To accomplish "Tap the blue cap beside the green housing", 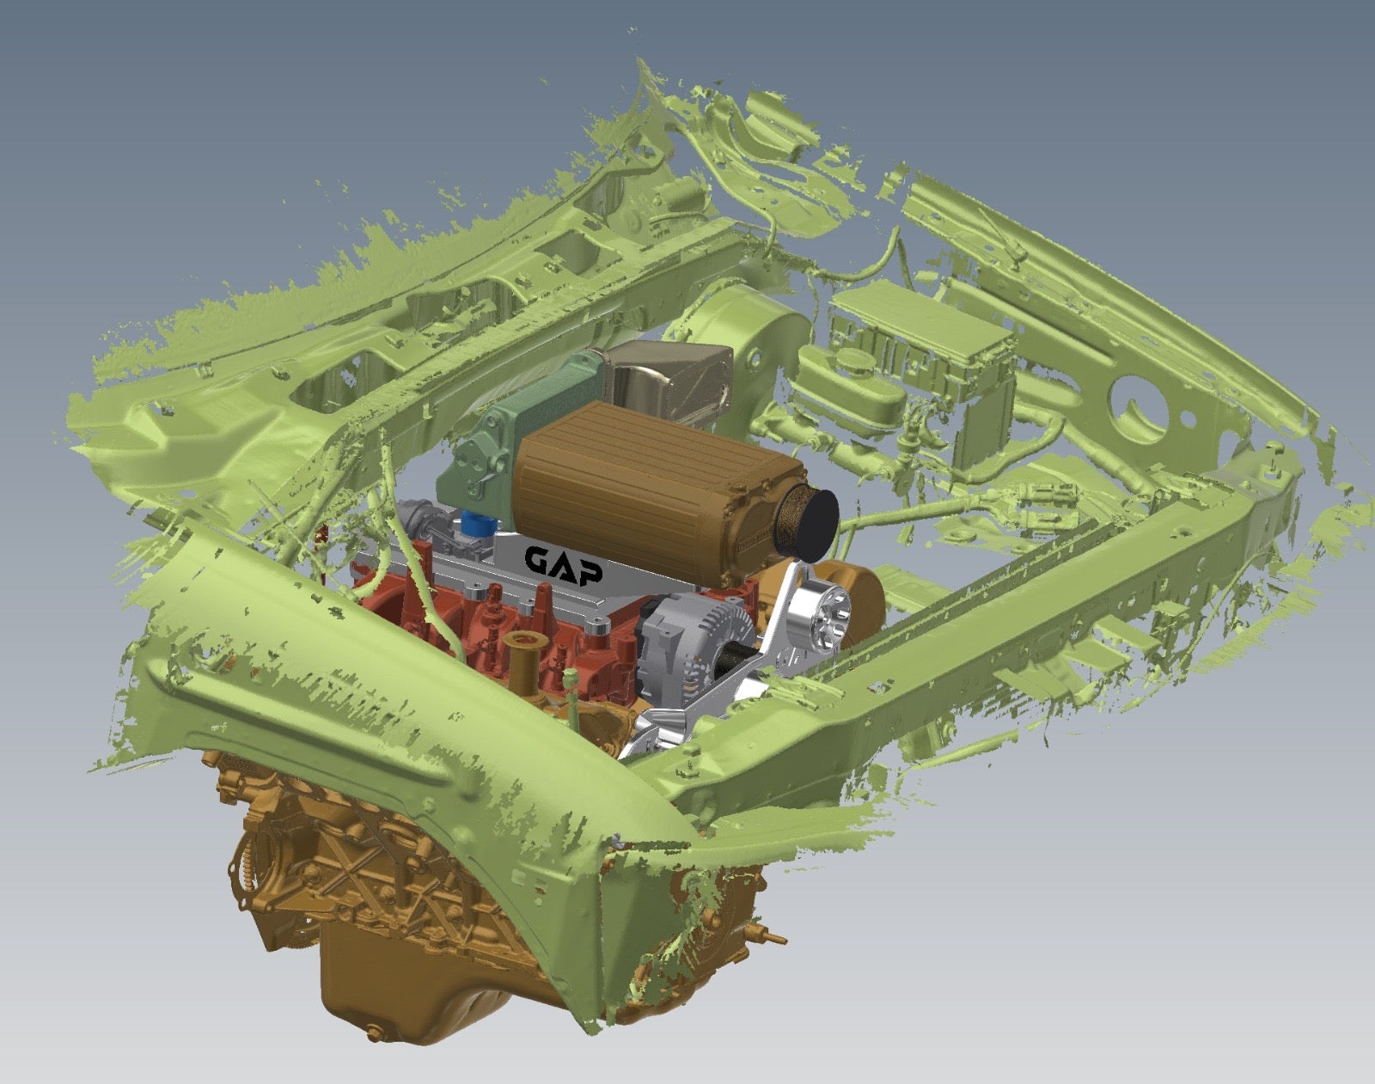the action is (x=479, y=525).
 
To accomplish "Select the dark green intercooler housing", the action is (x=492, y=441).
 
